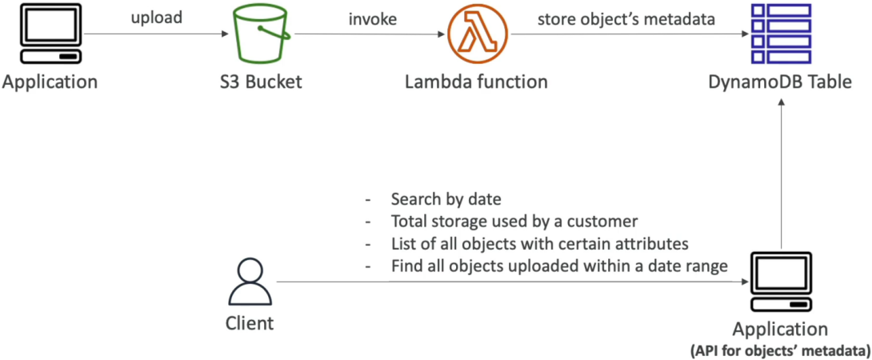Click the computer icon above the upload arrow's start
pyautogui.click(x=50, y=34)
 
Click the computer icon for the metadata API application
pyautogui.click(x=781, y=282)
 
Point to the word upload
pyautogui.click(x=156, y=18)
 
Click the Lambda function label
pyautogui.click(x=476, y=82)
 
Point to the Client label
pyautogui.click(x=250, y=323)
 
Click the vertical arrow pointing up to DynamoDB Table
pyautogui.click(x=781, y=174)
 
